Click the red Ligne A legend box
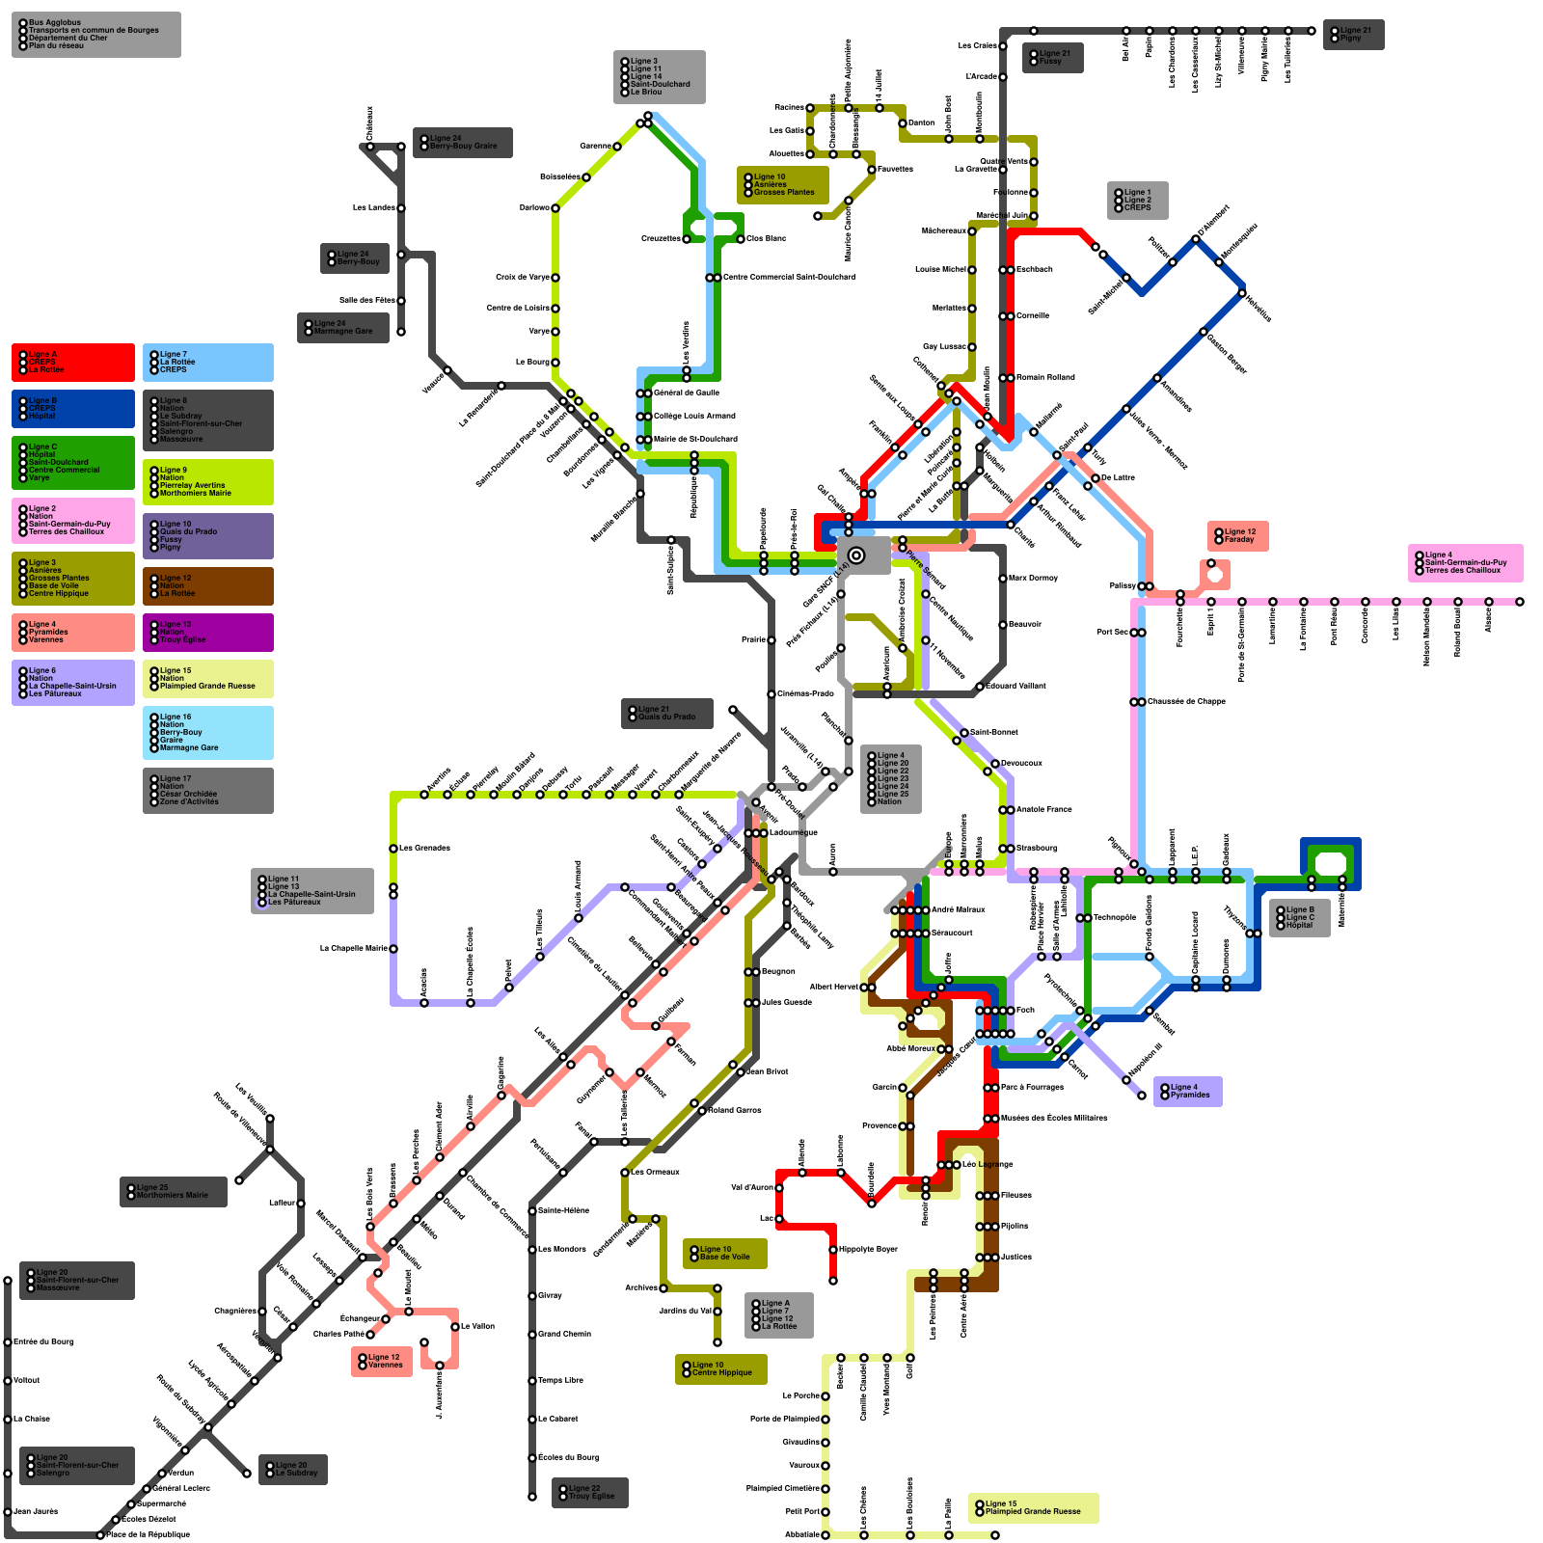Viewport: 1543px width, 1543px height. click(x=73, y=363)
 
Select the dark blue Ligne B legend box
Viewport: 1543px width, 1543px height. click(x=73, y=409)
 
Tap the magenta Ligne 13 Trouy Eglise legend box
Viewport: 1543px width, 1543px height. click(x=208, y=633)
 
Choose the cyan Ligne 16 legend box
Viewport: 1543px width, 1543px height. click(x=208, y=733)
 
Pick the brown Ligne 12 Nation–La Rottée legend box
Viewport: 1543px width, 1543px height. click(x=208, y=586)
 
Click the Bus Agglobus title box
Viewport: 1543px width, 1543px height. click(x=95, y=35)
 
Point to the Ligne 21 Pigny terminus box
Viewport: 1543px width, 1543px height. click(x=1353, y=35)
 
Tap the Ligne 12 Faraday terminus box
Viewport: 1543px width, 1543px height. click(x=1237, y=536)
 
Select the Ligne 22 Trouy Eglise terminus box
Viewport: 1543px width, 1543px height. click(x=589, y=1493)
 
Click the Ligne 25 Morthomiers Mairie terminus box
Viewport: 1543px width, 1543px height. click(x=174, y=1192)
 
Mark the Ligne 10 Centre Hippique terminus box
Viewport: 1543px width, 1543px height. click(x=721, y=1369)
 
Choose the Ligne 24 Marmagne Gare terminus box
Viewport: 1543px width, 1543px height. click(x=343, y=328)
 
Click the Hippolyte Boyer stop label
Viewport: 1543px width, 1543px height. click(x=868, y=1250)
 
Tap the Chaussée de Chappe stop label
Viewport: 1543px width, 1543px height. click(x=1186, y=702)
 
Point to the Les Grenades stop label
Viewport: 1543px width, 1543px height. click(x=424, y=849)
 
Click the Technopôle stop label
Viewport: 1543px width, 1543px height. click(x=1115, y=918)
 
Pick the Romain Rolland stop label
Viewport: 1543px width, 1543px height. click(x=1045, y=378)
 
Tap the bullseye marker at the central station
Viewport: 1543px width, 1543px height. click(x=855, y=555)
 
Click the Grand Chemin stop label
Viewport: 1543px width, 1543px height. click(x=564, y=1335)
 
